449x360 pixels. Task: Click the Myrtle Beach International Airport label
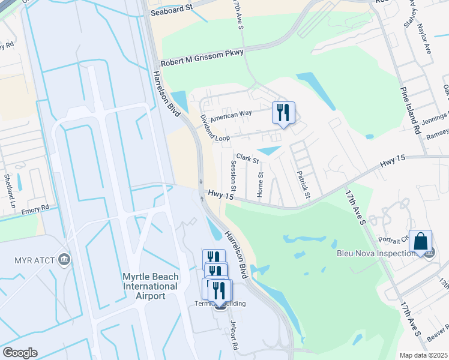point(149,286)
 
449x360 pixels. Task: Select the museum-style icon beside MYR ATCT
point(64,260)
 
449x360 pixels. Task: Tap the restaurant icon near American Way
point(283,112)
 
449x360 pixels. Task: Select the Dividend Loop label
point(214,128)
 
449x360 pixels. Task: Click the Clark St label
point(247,158)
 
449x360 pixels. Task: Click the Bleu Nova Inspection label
point(376,253)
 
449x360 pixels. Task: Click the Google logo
point(20,353)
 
